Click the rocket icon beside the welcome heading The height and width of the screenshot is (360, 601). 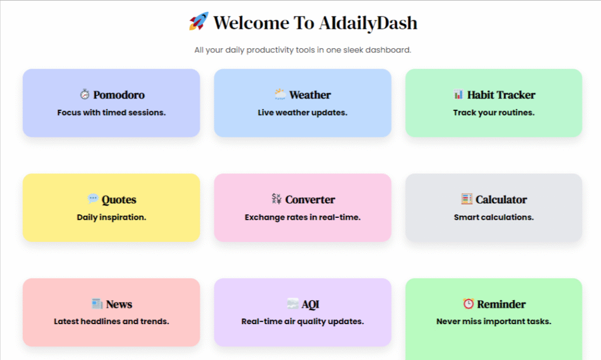pyautogui.click(x=198, y=21)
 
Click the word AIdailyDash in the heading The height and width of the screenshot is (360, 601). pyautogui.click(x=368, y=23)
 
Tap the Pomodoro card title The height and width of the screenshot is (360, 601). pyautogui.click(x=119, y=95)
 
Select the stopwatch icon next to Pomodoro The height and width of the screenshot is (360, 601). pyautogui.click(x=85, y=94)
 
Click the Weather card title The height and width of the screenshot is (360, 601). pyautogui.click(x=310, y=95)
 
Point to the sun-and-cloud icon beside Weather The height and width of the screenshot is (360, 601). pyautogui.click(x=280, y=94)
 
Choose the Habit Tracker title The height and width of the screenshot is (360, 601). pyautogui.click(x=501, y=95)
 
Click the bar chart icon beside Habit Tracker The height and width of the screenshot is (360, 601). pyautogui.click(x=458, y=94)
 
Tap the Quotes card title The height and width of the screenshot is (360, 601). pyautogui.click(x=119, y=200)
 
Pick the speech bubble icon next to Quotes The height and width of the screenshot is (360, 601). pyautogui.click(x=93, y=198)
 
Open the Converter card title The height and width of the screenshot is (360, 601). pyautogui.click(x=310, y=199)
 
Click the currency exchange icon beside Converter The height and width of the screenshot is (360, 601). pyautogui.click(x=276, y=198)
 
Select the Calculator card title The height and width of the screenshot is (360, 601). pyautogui.click(x=501, y=199)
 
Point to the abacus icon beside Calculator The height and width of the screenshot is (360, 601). pyautogui.click(x=467, y=198)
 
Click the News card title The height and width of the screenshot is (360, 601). pyautogui.click(x=119, y=304)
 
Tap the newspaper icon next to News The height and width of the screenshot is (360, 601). pyautogui.click(x=97, y=304)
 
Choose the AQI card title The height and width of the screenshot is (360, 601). pyautogui.click(x=310, y=304)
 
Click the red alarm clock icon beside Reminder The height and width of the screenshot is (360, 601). pyautogui.click(x=468, y=304)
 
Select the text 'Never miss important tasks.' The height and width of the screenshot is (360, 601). pyautogui.click(x=494, y=321)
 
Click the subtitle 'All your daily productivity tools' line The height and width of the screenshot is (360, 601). pyautogui.click(x=303, y=50)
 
